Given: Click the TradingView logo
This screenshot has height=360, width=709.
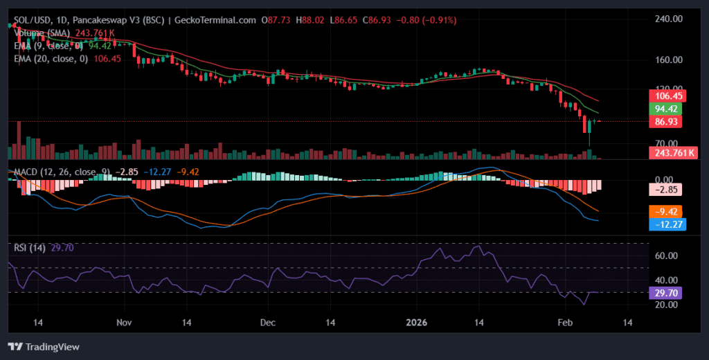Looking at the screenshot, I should click(x=43, y=346).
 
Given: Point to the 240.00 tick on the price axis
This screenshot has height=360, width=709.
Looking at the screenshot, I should click(x=669, y=19).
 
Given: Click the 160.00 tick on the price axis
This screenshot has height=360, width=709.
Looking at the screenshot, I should click(x=669, y=60).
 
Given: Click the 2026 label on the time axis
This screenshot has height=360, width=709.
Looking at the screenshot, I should click(x=416, y=323).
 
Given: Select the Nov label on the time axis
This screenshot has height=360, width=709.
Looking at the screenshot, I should click(x=124, y=323).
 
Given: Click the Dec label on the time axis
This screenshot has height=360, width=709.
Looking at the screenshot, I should click(x=269, y=323).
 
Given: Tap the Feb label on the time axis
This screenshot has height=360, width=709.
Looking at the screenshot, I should click(x=566, y=323).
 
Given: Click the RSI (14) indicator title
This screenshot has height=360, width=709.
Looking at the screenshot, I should click(x=30, y=248).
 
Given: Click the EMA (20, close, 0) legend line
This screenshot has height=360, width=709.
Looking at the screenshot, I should click(x=51, y=59).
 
